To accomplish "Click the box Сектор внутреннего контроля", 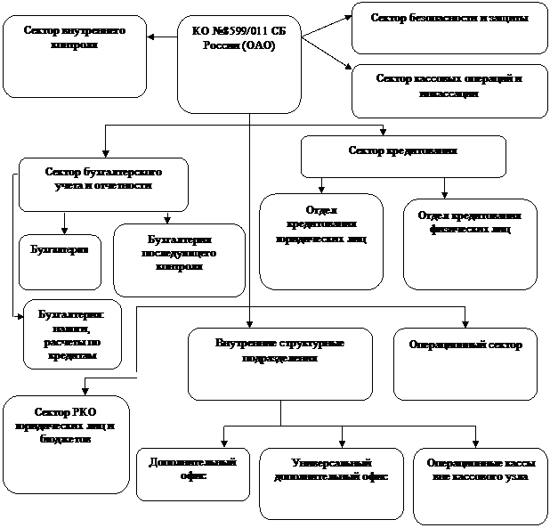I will click(74, 55).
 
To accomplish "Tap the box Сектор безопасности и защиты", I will click(449, 28).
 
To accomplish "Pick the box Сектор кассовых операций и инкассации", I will click(449, 90).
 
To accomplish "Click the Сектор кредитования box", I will click(403, 156).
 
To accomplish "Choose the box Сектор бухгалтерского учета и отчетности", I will click(103, 183).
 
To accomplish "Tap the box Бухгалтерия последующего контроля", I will click(179, 259).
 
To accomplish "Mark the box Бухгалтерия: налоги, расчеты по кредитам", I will click(72, 335).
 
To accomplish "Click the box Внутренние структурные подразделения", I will click(279, 363).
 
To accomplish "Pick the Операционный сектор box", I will click(465, 363).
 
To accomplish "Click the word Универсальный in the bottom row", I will click(330, 463).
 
